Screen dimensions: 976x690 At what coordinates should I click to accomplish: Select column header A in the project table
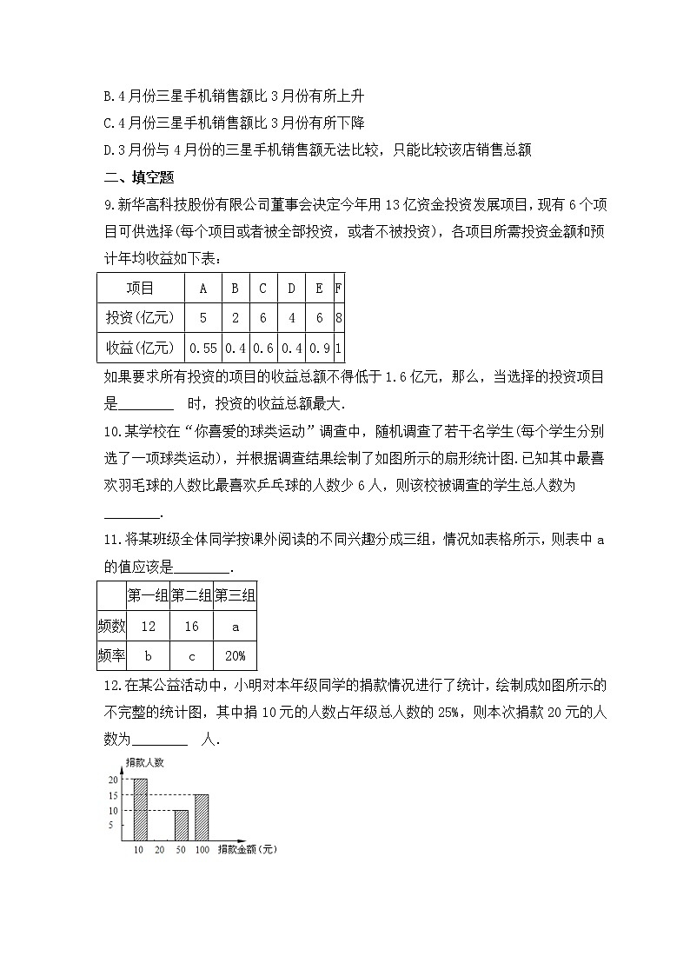click(202, 289)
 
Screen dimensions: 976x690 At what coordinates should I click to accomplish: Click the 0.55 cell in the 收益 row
click(202, 348)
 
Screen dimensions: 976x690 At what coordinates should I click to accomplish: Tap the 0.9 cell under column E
click(320, 348)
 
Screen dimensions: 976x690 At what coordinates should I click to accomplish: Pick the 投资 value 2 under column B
click(235, 318)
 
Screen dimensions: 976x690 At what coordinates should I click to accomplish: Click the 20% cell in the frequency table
click(235, 656)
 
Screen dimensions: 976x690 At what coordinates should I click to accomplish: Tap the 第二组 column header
click(191, 596)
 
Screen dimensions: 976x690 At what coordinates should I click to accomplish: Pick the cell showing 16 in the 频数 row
click(191, 627)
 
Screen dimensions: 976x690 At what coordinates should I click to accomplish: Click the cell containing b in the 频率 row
click(148, 656)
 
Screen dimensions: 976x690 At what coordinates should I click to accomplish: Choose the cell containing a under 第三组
click(235, 627)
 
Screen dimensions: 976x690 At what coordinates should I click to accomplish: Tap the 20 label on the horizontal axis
click(159, 848)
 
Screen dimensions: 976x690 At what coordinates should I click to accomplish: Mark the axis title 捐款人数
click(144, 762)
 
